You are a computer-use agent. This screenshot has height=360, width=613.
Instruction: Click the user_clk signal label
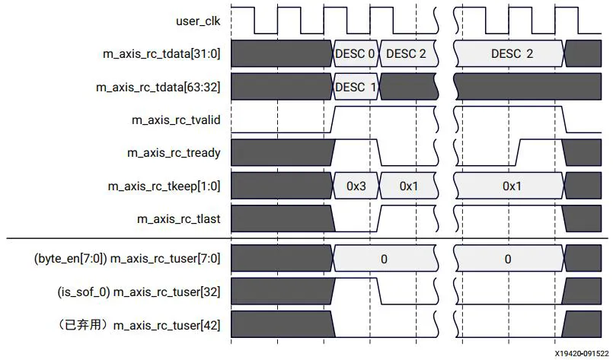[x=199, y=21]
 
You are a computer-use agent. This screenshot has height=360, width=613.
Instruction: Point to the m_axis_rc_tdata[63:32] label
[x=158, y=87]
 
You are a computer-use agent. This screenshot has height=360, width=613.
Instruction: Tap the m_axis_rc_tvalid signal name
[x=177, y=119]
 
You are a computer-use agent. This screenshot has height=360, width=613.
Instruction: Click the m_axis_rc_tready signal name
[x=174, y=152]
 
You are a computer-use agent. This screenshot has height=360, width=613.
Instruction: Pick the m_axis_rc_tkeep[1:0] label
[x=168, y=186]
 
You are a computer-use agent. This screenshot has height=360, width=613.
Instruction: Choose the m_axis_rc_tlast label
[x=179, y=218]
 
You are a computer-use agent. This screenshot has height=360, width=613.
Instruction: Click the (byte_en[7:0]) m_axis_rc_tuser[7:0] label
[x=126, y=259]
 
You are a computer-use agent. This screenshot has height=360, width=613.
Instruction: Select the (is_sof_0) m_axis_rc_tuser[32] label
[x=139, y=292]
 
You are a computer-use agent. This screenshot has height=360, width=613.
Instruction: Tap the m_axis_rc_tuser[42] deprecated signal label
[x=139, y=325]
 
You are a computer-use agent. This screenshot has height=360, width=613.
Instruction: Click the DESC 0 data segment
[x=355, y=54]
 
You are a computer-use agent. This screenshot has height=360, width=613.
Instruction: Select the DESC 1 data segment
[x=356, y=87]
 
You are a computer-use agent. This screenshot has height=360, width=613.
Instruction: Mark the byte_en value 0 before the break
[x=384, y=259]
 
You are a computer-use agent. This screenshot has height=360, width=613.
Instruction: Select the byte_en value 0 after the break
[x=508, y=259]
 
